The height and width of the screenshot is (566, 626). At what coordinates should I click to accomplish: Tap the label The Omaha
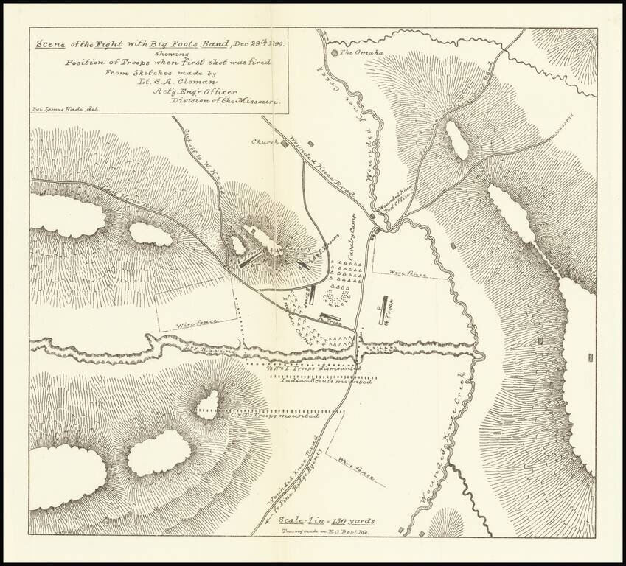(358, 53)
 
